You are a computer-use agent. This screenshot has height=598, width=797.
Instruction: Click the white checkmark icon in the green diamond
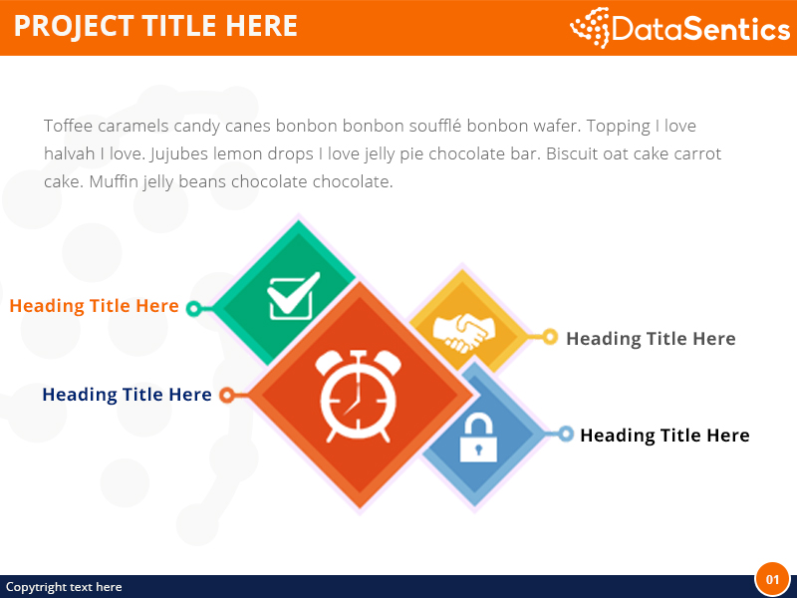(x=294, y=296)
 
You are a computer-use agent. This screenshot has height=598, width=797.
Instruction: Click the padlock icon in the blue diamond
(x=478, y=439)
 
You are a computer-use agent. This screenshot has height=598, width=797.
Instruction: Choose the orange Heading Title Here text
(x=94, y=306)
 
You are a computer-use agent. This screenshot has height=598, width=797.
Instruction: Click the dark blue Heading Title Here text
(x=127, y=395)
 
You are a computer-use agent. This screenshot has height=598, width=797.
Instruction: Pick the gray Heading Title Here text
(x=651, y=339)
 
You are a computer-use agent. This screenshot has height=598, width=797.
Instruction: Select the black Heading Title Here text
(x=664, y=436)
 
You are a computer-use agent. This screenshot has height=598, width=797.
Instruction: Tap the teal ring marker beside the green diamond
(x=194, y=308)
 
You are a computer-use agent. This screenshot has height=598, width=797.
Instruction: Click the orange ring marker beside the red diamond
(x=227, y=396)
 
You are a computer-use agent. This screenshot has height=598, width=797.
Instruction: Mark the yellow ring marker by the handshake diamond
(x=550, y=337)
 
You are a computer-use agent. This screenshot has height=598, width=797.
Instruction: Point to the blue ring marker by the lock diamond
(x=566, y=434)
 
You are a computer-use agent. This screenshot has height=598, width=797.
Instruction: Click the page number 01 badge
(x=772, y=579)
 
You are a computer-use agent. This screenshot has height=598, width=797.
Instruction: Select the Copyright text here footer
(x=64, y=587)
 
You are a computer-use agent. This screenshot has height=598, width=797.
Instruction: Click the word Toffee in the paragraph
(x=68, y=126)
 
